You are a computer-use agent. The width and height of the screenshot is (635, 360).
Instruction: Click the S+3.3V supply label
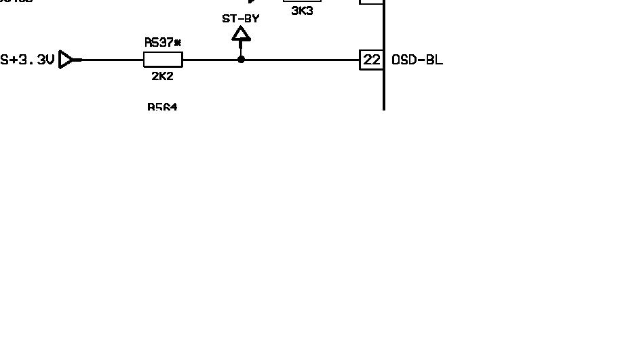pyautogui.click(x=26, y=60)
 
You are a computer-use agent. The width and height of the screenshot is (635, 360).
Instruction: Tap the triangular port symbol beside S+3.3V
pyautogui.click(x=66, y=60)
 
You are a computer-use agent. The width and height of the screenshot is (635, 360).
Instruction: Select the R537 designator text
pyautogui.click(x=159, y=42)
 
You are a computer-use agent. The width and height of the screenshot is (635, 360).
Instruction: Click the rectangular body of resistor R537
pyautogui.click(x=163, y=60)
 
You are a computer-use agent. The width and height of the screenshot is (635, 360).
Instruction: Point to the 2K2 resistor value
pyautogui.click(x=162, y=77)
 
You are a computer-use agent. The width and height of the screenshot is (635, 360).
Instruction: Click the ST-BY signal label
pyautogui.click(x=241, y=18)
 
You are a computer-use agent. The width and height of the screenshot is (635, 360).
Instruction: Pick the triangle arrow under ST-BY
pyautogui.click(x=241, y=33)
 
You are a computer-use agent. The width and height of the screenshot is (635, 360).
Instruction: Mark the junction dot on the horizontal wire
pyautogui.click(x=241, y=60)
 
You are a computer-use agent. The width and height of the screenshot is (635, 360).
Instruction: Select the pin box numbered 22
pyautogui.click(x=372, y=60)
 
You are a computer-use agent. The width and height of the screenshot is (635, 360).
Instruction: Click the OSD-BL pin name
pyautogui.click(x=417, y=60)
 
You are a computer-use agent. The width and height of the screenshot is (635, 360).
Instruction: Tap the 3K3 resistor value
pyautogui.click(x=302, y=11)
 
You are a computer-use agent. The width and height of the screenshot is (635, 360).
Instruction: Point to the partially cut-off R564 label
pyautogui.click(x=162, y=107)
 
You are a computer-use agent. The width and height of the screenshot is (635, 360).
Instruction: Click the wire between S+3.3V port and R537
pyautogui.click(x=112, y=60)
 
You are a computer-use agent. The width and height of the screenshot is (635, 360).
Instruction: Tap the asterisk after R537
pyautogui.click(x=178, y=42)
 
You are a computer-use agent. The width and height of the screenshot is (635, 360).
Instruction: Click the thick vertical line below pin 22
pyautogui.click(x=384, y=92)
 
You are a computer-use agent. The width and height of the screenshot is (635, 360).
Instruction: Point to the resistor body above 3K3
pyautogui.click(x=302, y=1)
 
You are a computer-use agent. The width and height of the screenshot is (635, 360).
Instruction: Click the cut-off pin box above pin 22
pyautogui.click(x=372, y=1)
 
